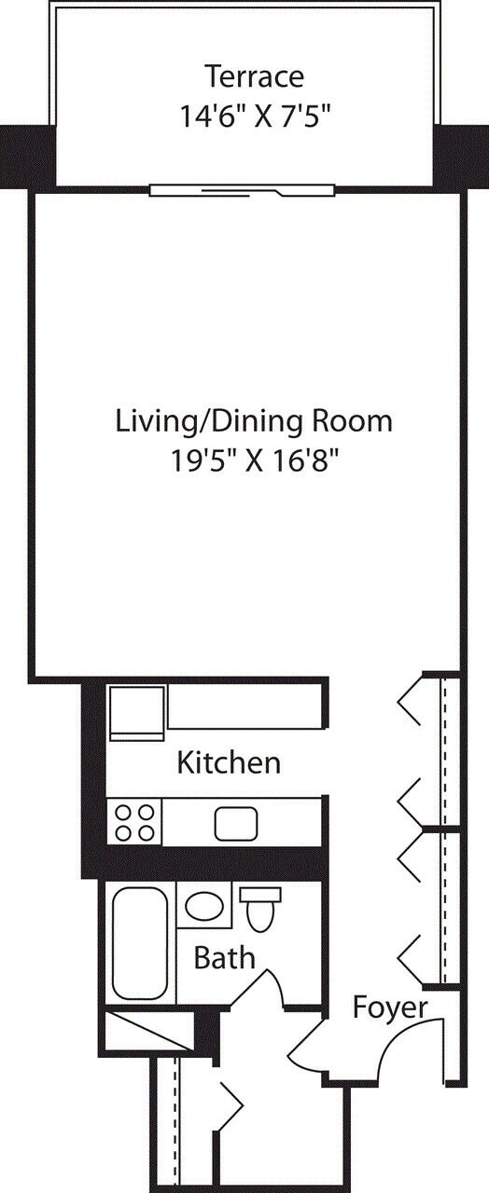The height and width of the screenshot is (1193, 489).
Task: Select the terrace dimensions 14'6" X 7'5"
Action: (254, 116)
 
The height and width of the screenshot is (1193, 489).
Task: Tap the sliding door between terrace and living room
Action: (242, 190)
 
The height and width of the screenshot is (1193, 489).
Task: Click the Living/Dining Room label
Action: (254, 420)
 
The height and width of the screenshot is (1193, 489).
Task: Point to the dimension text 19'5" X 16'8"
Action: (254, 461)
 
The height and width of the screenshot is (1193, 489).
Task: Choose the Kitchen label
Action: (229, 762)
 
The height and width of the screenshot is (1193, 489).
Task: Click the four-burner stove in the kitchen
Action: (134, 822)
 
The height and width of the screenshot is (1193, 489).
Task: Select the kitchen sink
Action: (236, 823)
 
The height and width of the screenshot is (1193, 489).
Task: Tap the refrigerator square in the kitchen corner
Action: (137, 713)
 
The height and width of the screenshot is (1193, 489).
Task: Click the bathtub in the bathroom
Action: (139, 942)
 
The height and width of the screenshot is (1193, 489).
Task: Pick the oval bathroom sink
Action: (203, 906)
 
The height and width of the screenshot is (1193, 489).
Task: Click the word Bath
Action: (224, 957)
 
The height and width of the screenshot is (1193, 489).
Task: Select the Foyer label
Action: (390, 1007)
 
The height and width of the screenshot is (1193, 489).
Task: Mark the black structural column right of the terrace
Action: (461, 155)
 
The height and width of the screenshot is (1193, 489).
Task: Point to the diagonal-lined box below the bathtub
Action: (148, 1032)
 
